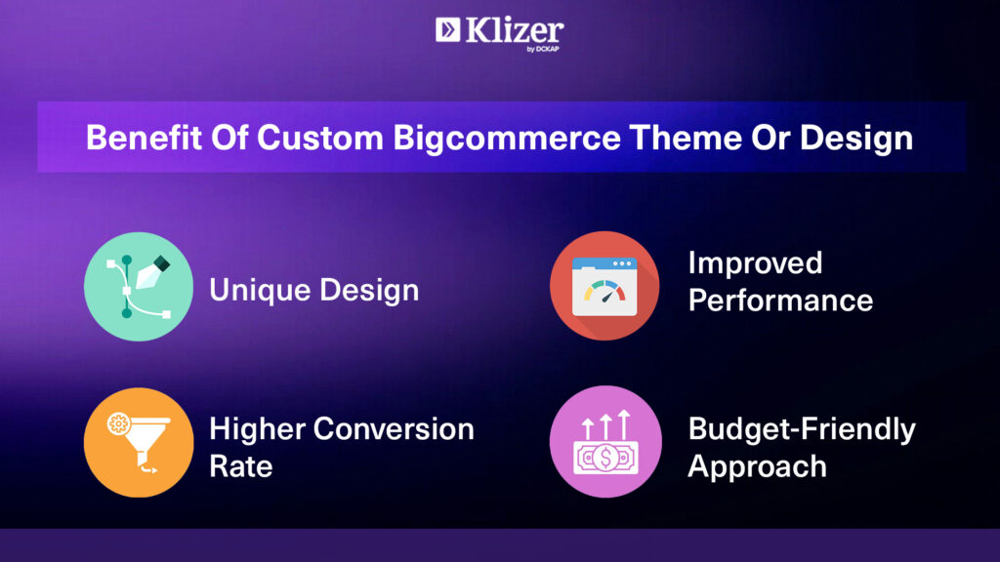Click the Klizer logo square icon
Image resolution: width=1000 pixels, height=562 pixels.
447,29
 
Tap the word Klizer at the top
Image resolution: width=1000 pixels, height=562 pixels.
515,30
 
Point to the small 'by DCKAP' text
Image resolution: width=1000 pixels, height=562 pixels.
543,49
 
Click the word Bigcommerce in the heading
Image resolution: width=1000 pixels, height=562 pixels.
507,139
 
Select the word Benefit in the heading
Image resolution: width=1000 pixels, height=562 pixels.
145,138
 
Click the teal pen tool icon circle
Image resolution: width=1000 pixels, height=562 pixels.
139,287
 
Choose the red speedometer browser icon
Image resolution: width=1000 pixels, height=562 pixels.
604,286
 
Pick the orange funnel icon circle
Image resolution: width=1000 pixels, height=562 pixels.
139,442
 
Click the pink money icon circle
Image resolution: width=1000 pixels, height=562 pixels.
605,442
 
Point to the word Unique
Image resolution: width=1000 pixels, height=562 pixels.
260,291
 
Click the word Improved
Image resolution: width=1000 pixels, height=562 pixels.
755,263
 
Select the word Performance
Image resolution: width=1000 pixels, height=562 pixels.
780,301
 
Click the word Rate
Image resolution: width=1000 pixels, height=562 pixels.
241,466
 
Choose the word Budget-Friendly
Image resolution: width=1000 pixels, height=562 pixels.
802,429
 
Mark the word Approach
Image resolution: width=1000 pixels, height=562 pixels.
758,467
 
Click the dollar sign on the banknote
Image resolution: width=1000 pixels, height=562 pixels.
605,458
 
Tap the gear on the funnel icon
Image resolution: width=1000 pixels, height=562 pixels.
118,423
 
